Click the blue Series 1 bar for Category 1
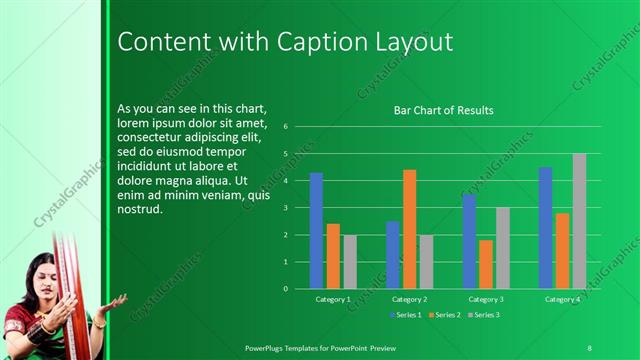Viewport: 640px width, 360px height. pos(316,230)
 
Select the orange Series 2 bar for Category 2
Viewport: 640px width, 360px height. pos(409,229)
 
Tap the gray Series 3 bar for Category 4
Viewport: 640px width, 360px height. pos(579,221)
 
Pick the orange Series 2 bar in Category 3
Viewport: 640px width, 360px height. pos(486,264)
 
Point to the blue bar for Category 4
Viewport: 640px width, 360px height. pos(545,228)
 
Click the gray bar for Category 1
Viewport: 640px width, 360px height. pos(350,262)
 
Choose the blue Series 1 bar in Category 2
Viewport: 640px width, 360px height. pos(392,255)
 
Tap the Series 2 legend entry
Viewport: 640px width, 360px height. pos(446,315)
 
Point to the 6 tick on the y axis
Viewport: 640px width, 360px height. pos(286,127)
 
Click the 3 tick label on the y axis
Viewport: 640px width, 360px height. pos(286,208)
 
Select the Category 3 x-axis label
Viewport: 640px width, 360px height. pos(486,299)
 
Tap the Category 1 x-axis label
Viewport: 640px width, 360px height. pos(332,299)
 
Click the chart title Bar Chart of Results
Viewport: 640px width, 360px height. pos(443,110)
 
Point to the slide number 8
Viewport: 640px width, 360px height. pos(589,347)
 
